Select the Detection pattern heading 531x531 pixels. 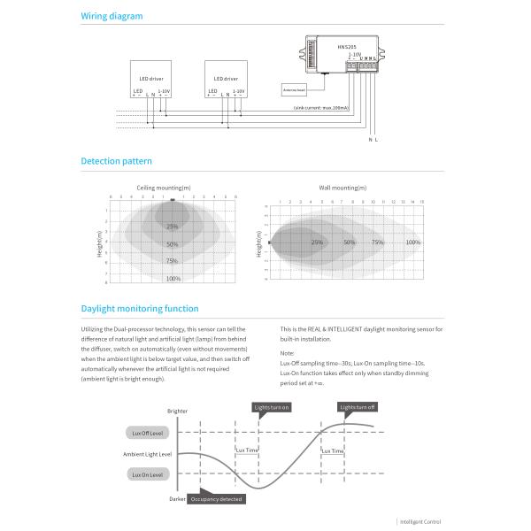click(116, 161)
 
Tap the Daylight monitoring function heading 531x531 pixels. click(140, 308)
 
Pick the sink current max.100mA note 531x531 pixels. click(320, 107)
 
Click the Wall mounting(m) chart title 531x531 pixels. click(342, 188)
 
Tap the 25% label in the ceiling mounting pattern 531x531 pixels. click(173, 227)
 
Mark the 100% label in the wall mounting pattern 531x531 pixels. click(412, 242)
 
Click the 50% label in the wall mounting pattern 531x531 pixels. click(350, 242)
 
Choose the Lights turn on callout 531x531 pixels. click(272, 407)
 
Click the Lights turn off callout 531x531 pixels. click(358, 407)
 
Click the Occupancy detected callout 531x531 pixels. click(215, 499)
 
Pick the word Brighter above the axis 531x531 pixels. click(177, 412)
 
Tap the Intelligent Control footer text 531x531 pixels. click(420, 522)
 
